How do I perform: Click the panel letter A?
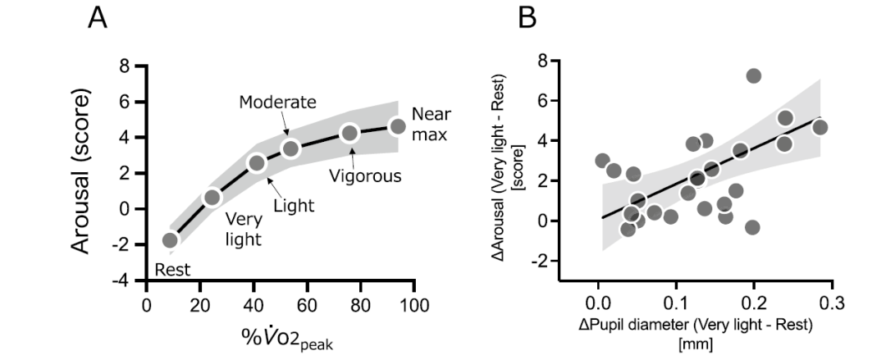click(x=98, y=18)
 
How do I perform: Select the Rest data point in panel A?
click(x=170, y=240)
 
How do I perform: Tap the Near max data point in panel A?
click(x=398, y=126)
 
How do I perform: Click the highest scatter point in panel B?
click(x=753, y=76)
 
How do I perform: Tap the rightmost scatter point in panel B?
click(x=819, y=127)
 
